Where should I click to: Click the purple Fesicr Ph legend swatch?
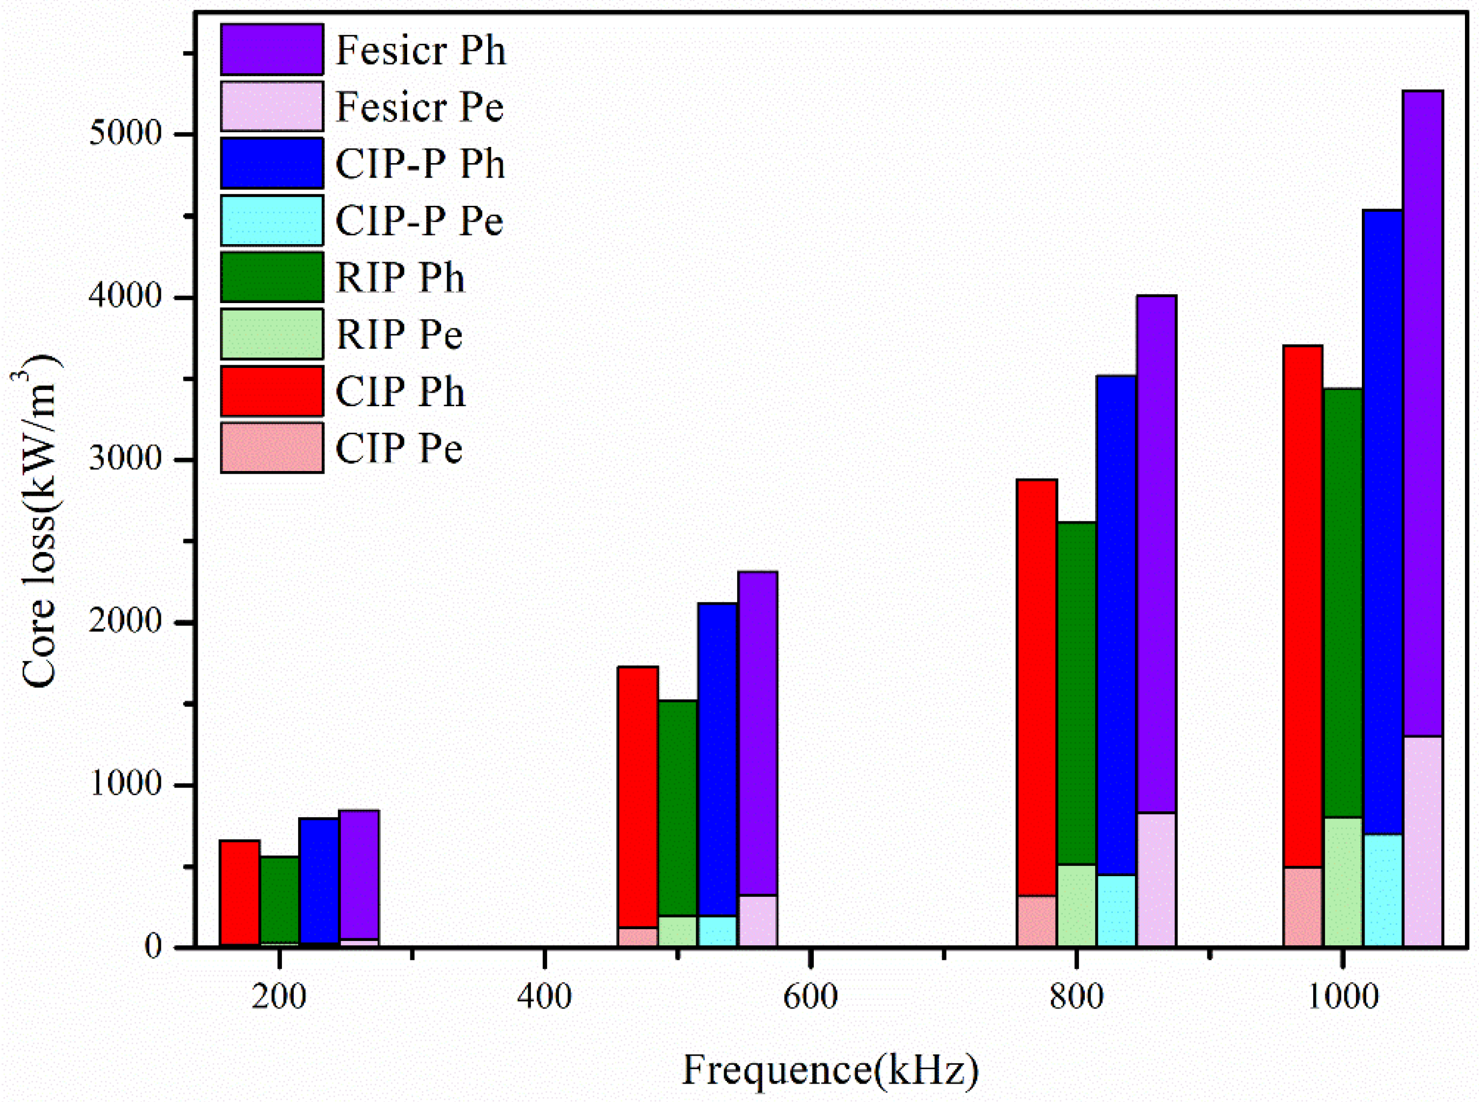click(x=272, y=49)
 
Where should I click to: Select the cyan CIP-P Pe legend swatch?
click(x=272, y=220)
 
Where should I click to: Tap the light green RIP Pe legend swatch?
click(x=272, y=333)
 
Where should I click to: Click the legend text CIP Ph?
click(x=400, y=392)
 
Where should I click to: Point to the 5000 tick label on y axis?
click(x=125, y=133)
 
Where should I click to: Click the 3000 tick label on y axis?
click(x=125, y=459)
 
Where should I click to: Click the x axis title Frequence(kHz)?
click(x=830, y=1069)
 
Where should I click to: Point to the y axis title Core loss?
click(x=39, y=520)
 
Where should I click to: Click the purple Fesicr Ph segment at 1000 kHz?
click(x=1422, y=414)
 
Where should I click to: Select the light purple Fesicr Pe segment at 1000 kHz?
click(x=1422, y=841)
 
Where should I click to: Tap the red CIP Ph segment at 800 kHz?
click(x=1036, y=687)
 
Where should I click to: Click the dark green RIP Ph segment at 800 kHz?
click(x=1076, y=694)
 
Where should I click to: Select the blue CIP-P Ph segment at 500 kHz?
click(x=718, y=761)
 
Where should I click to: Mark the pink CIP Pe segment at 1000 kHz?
click(x=1302, y=906)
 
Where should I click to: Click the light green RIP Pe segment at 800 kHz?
click(x=1076, y=905)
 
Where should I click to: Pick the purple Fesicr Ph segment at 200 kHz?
click(x=360, y=875)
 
